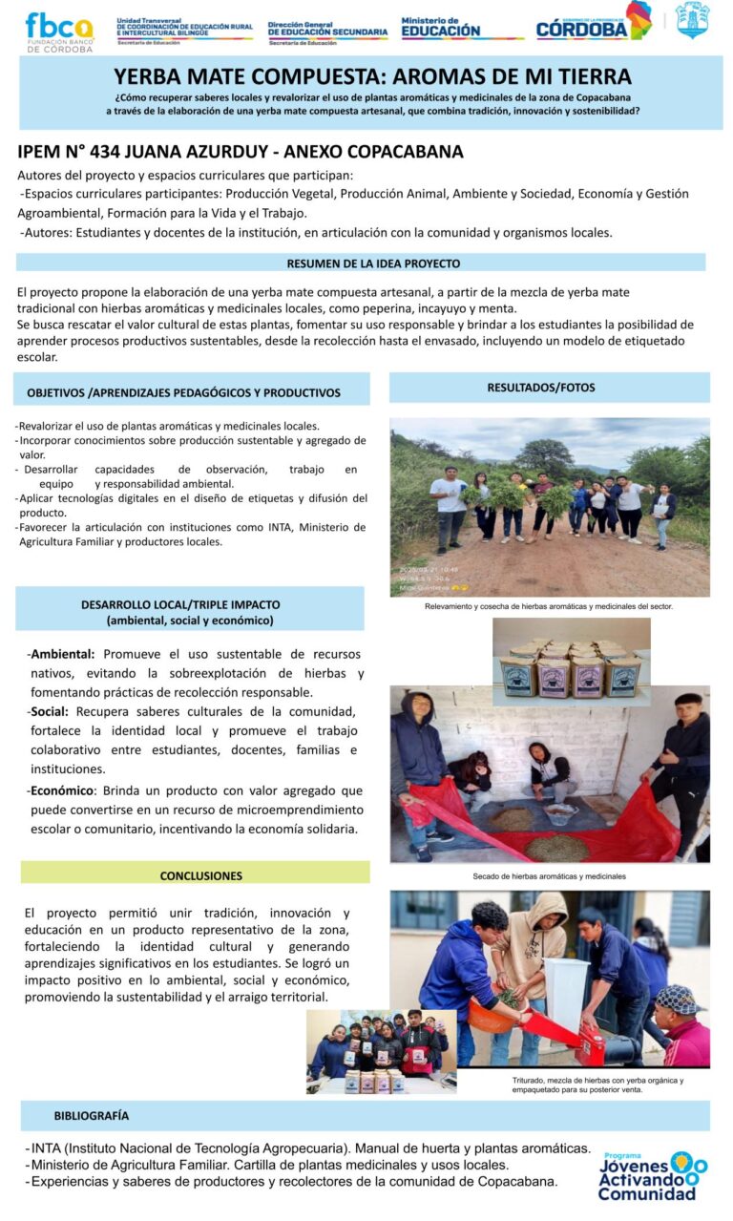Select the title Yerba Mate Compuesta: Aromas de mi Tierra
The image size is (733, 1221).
tap(372, 77)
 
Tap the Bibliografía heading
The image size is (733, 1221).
tap(92, 1115)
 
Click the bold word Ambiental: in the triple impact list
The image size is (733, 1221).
tap(62, 655)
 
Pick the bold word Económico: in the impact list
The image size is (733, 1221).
tap(63, 790)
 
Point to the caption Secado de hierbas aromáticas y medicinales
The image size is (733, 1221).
tap(549, 875)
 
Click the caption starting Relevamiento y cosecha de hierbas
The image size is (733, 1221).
tap(549, 606)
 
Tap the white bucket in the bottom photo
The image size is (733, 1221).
tap(566, 993)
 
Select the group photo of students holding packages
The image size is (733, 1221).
tap(380, 1051)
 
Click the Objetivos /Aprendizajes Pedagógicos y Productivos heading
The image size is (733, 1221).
tap(183, 392)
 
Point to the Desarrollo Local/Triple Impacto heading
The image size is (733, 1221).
tap(190, 612)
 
